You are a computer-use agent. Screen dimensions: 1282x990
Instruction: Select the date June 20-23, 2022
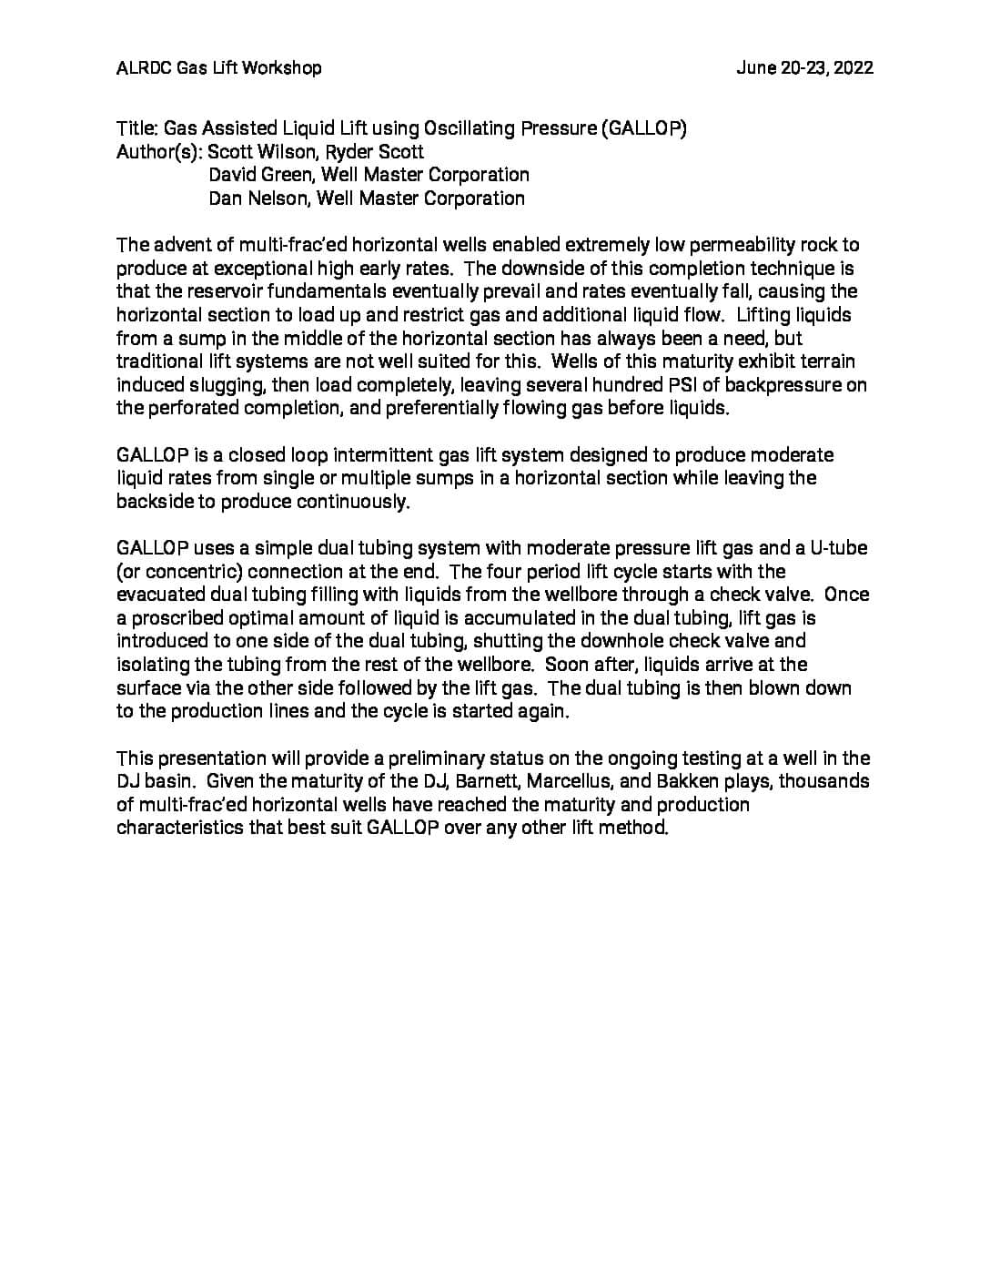click(804, 67)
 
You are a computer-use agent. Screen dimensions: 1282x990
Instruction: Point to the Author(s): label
click(159, 152)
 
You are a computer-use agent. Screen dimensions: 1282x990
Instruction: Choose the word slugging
click(206, 385)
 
